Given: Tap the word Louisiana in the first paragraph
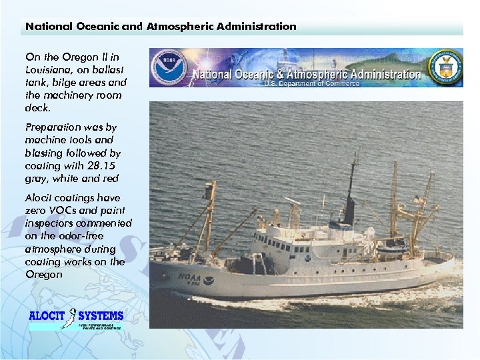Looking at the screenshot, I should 47,69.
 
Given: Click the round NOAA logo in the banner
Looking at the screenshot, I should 168,67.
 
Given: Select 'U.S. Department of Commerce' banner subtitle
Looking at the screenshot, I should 311,83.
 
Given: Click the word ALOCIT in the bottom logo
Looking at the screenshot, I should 48,316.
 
